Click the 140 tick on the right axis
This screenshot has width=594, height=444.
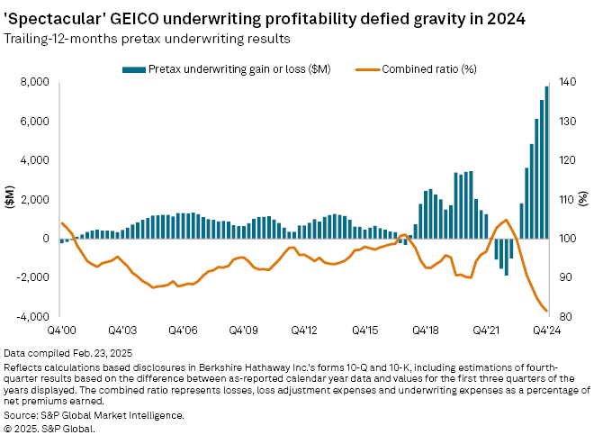[566, 82]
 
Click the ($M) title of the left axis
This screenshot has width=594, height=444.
[10, 200]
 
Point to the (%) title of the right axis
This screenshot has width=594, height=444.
[585, 200]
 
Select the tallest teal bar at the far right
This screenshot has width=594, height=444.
[546, 162]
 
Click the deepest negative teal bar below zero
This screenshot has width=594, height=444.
[507, 257]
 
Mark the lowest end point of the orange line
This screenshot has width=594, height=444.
[547, 312]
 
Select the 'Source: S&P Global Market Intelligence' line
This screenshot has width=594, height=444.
[94, 415]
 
